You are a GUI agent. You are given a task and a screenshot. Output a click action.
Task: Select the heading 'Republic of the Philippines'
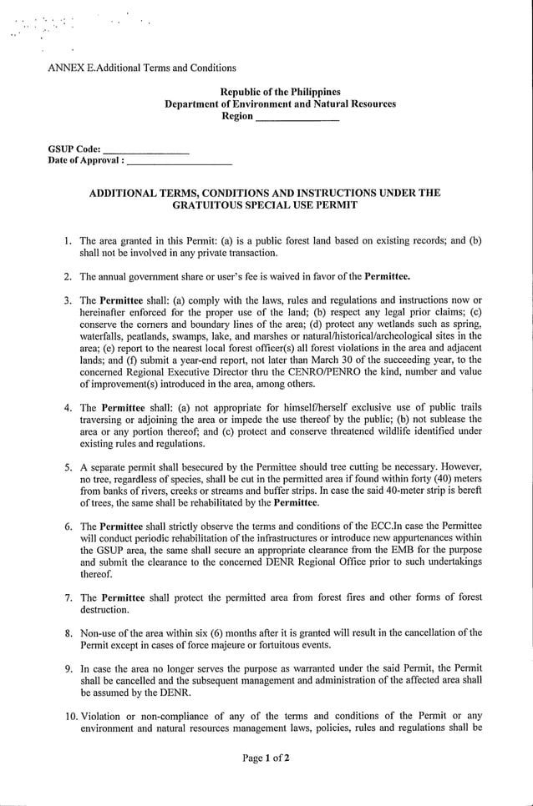(280, 92)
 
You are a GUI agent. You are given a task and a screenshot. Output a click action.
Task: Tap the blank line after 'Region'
(297, 118)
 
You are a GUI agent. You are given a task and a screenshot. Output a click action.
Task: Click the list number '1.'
(69, 241)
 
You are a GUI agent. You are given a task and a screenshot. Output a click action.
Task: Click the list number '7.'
(69, 598)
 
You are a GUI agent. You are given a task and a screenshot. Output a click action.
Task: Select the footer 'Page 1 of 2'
(266, 758)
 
